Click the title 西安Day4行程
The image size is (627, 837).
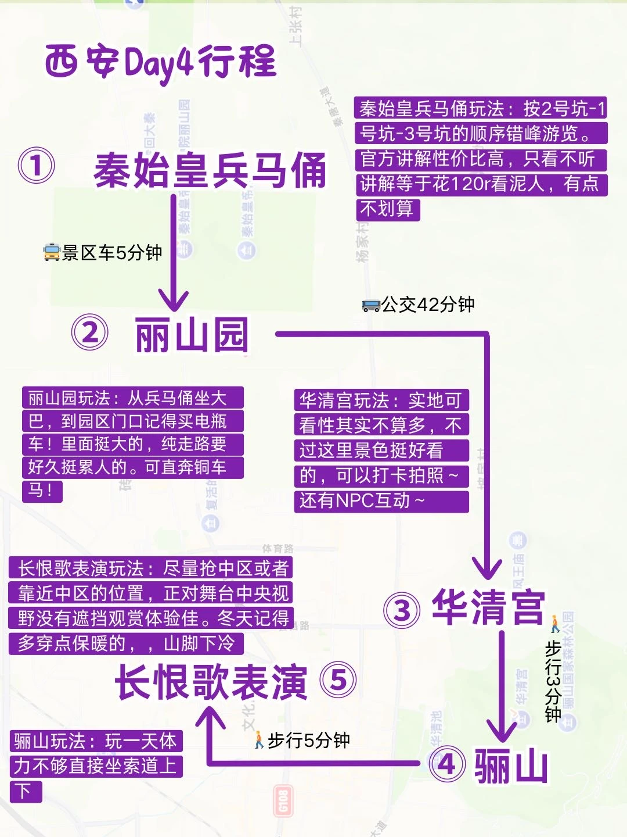pos(160,63)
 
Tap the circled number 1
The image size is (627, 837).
pos(36,166)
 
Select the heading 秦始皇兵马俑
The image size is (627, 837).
pos(210,170)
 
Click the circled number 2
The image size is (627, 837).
pos(89,333)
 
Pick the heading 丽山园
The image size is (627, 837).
pos(192,335)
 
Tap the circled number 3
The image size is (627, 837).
pos(402,610)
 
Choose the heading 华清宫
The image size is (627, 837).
pos(489,607)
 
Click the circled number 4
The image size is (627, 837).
pos(446,764)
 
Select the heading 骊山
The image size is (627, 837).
pos(511,766)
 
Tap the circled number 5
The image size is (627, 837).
pos(338,681)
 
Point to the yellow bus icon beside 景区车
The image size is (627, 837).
pos(52,253)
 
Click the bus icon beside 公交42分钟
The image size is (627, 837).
pos(371,305)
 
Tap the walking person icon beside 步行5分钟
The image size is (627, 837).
pos(259,740)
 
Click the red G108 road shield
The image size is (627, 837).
pos(282,801)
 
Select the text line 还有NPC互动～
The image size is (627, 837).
pos(362,500)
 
